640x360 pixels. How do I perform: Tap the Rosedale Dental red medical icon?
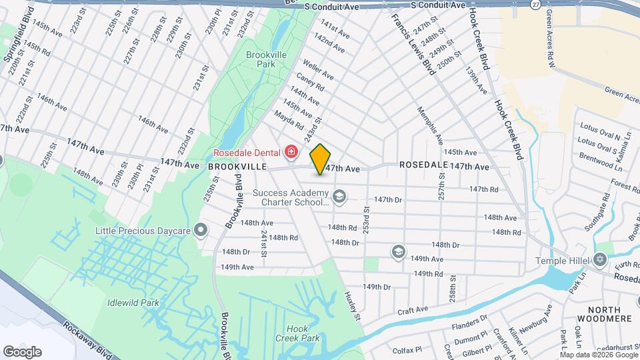[291, 153]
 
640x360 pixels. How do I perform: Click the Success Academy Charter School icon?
[339, 196]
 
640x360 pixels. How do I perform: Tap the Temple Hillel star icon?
[599, 259]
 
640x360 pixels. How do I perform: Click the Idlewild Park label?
[133, 303]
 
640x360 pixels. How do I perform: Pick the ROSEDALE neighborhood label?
[421, 165]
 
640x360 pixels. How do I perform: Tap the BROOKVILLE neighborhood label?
[237, 166]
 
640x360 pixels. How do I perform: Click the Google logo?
[22, 351]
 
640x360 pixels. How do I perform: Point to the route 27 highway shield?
[535, 4]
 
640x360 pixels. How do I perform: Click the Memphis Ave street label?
[430, 127]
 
